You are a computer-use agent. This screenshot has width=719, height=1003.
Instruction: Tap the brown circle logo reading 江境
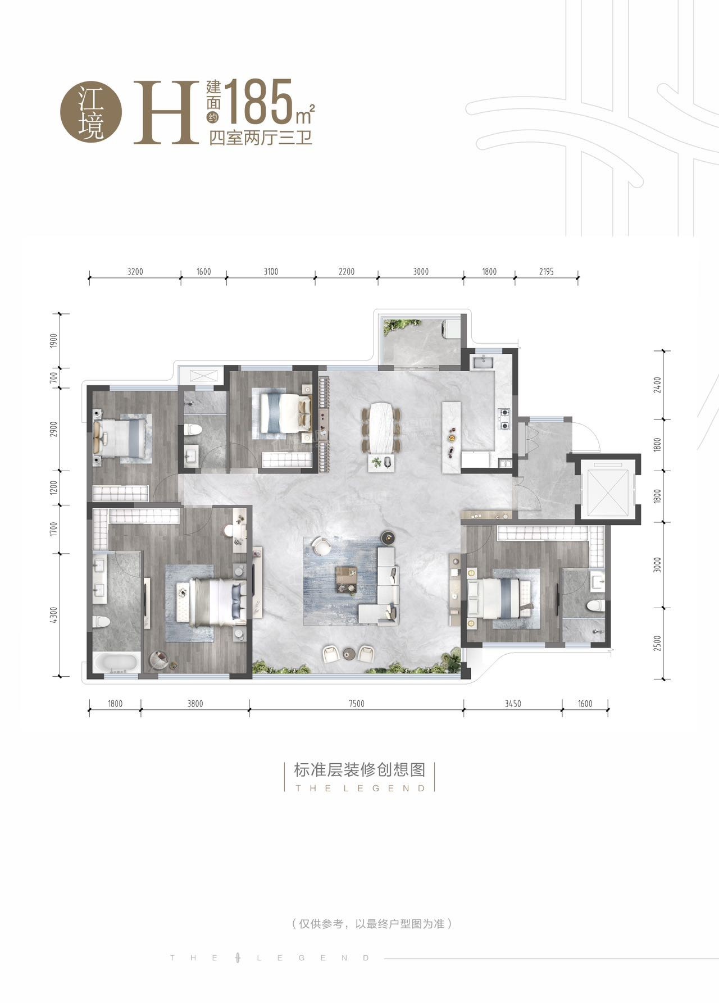[91, 112]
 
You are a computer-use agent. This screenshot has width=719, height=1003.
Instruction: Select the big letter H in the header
[166, 112]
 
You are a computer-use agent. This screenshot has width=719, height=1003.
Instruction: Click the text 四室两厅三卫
[261, 138]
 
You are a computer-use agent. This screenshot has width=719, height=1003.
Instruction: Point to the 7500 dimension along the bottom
[356, 704]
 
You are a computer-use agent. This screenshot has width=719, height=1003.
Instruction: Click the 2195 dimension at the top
[546, 272]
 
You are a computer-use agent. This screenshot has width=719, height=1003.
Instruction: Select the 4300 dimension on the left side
[54, 615]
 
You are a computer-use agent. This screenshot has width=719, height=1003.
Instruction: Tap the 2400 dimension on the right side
[658, 385]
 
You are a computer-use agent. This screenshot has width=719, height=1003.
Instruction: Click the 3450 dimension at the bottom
[513, 704]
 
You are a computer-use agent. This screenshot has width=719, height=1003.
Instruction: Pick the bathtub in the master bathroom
[117, 663]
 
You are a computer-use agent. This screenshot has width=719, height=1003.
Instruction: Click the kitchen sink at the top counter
[483, 362]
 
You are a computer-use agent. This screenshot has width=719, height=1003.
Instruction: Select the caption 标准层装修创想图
[359, 769]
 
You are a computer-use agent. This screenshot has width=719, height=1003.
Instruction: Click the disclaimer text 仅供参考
[320, 924]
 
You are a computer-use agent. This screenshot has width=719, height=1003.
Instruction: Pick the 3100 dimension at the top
[271, 272]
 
